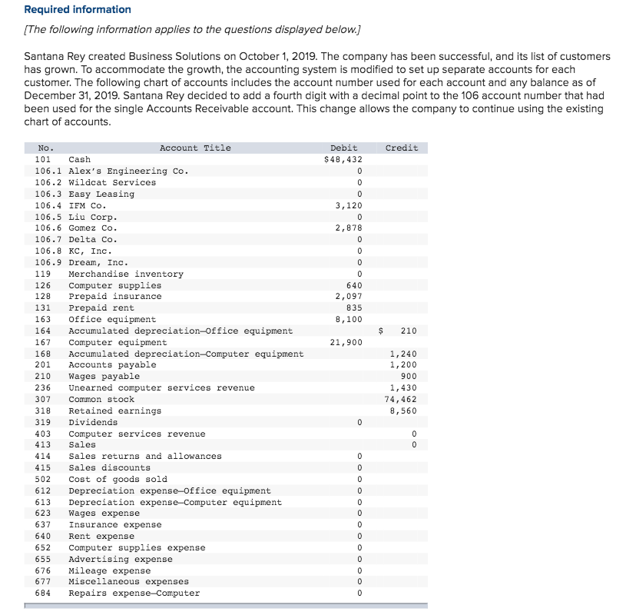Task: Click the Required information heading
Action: click(x=78, y=9)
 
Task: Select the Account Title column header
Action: click(x=195, y=148)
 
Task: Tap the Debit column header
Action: click(x=343, y=148)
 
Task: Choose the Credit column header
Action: click(x=402, y=148)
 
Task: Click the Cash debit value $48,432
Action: click(x=343, y=159)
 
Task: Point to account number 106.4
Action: click(x=48, y=205)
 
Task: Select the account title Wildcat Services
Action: click(x=112, y=182)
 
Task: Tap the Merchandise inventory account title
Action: click(x=126, y=274)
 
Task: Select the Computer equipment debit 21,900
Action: click(x=346, y=342)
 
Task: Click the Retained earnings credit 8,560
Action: click(x=403, y=411)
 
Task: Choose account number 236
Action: click(x=43, y=387)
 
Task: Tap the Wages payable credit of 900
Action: click(x=409, y=376)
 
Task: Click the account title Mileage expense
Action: click(x=110, y=570)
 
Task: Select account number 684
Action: click(x=43, y=593)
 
